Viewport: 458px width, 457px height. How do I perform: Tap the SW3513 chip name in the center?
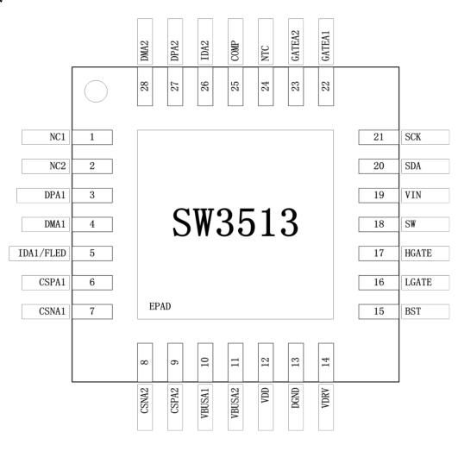[235, 222]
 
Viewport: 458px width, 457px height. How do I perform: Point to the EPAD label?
[160, 306]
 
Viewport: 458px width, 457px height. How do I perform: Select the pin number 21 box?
[379, 137]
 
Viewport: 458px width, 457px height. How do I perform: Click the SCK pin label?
[413, 136]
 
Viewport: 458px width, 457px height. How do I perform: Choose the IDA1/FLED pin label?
[42, 254]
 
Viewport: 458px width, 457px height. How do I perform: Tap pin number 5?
[92, 253]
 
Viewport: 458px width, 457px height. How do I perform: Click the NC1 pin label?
[57, 137]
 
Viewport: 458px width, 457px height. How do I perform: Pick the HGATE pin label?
[418, 254]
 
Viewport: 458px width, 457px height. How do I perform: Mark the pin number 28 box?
[145, 86]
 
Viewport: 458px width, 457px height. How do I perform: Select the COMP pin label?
[235, 51]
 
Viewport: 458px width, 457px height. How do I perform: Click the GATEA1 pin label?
[326, 46]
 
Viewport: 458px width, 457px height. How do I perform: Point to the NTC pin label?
[265, 53]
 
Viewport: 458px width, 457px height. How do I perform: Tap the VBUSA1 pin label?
[205, 403]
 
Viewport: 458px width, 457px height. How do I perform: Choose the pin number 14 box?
[326, 362]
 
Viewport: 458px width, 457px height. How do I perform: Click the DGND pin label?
[296, 398]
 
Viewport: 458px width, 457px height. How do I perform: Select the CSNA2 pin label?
[145, 400]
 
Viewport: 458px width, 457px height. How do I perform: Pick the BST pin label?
[413, 311]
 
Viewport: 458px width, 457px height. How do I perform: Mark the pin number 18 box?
[379, 224]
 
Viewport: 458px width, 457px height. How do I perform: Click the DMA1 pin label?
[55, 224]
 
